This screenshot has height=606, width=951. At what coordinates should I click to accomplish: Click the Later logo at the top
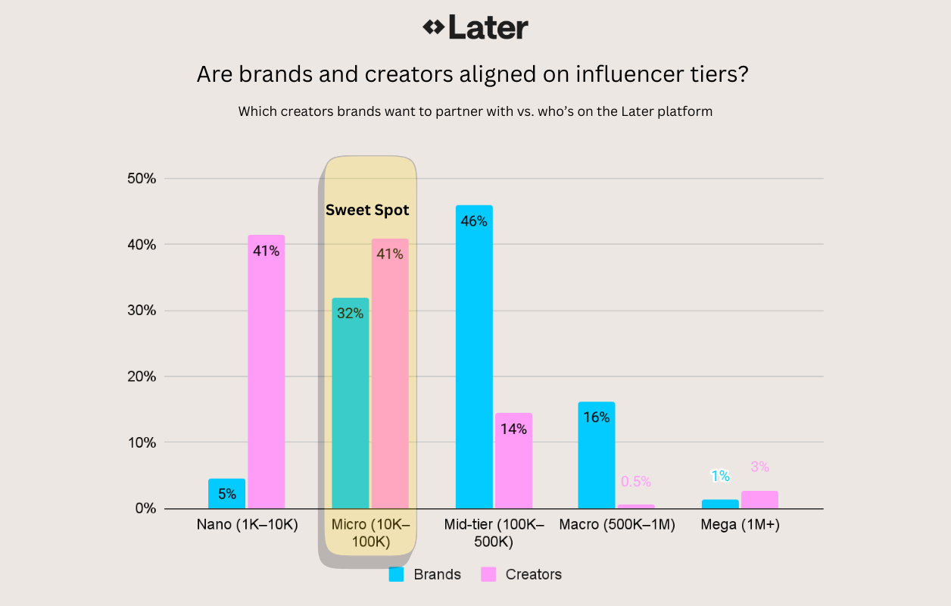475,28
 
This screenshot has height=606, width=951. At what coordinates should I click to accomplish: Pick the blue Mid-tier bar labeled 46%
474,356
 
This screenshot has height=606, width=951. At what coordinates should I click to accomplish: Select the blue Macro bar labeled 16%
597,454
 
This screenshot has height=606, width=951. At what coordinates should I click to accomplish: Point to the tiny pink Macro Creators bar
636,506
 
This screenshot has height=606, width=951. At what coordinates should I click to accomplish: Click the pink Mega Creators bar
759,500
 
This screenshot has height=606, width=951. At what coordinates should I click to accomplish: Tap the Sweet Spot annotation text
367,211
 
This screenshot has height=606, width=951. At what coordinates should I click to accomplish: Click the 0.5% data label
636,482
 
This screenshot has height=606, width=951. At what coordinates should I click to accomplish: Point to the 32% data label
350,314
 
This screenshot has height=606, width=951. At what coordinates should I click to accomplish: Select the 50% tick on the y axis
142,180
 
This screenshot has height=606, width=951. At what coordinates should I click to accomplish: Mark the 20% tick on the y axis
142,376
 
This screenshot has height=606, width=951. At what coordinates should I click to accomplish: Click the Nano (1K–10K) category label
247,524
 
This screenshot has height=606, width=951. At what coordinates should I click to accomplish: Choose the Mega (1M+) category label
740,524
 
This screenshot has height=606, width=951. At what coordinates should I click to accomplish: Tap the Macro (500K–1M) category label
617,524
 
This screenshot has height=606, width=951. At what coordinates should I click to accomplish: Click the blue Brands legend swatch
396,575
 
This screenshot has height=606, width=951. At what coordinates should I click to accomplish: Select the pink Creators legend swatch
488,575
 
